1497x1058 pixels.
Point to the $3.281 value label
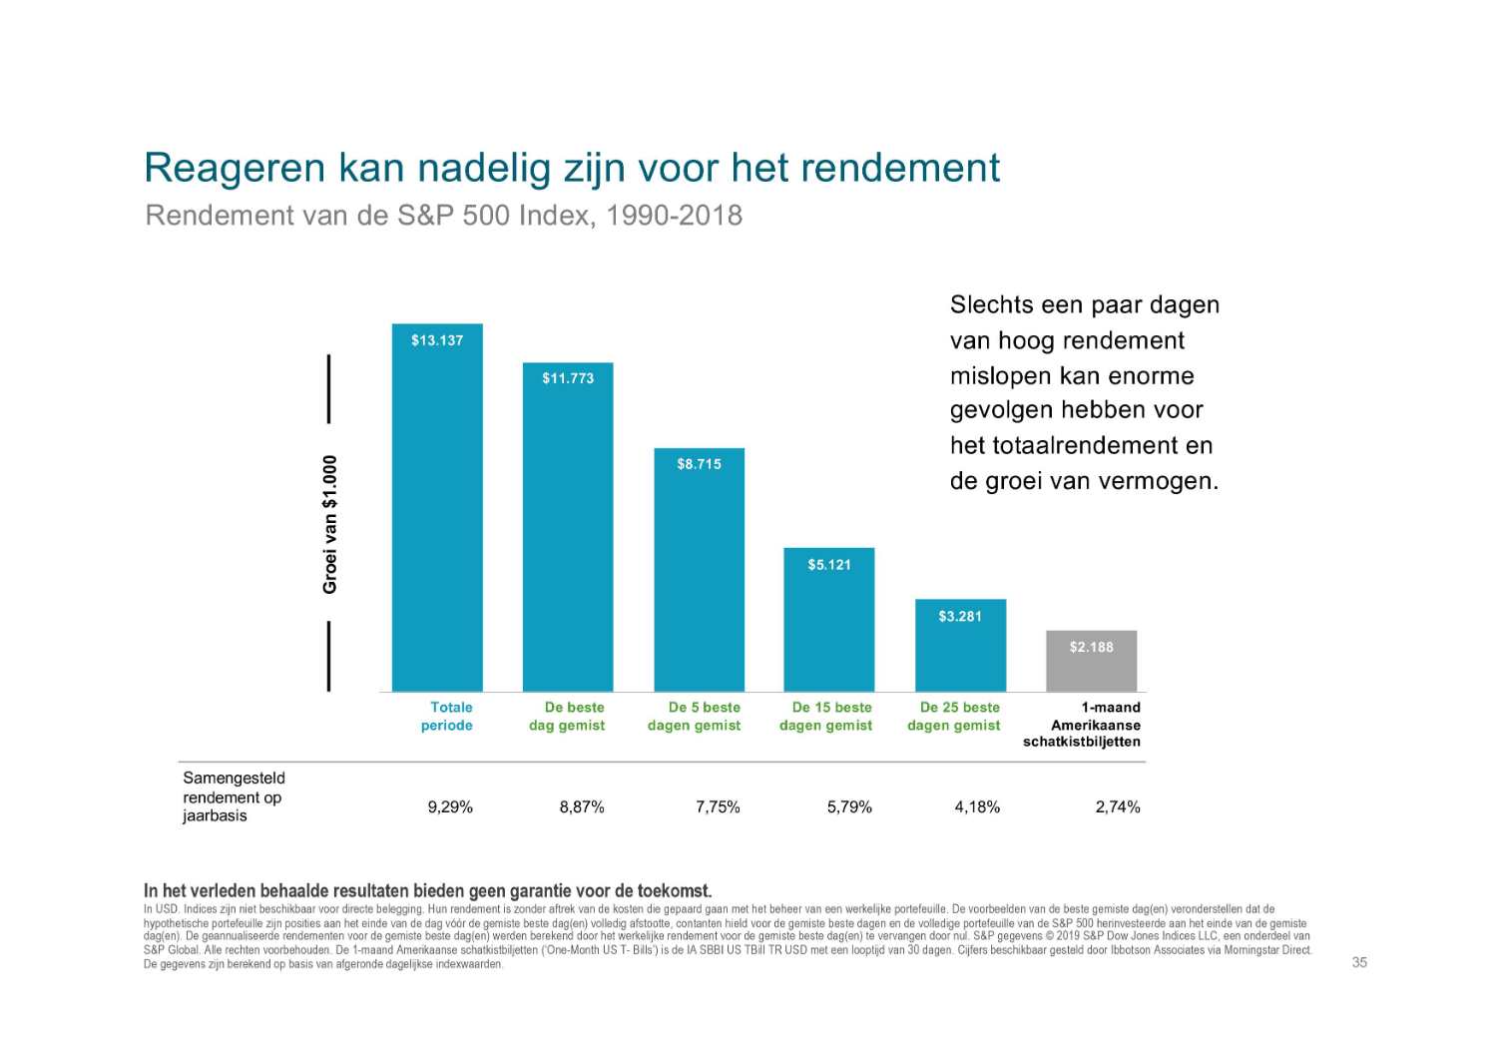[960, 617]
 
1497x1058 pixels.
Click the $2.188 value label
[1091, 648]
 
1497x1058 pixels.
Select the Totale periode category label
[449, 717]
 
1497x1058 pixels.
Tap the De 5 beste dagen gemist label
[696, 717]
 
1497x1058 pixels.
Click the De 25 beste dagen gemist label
[956, 717]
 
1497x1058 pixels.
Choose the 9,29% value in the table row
[450, 807]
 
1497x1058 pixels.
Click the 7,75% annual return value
[718, 807]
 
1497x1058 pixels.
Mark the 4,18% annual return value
[977, 807]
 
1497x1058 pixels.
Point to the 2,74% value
[1118, 807]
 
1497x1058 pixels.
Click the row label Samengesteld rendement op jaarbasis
[233, 796]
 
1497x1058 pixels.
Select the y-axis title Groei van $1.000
[330, 525]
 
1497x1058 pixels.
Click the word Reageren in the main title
[235, 168]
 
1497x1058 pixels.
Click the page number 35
[1359, 962]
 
